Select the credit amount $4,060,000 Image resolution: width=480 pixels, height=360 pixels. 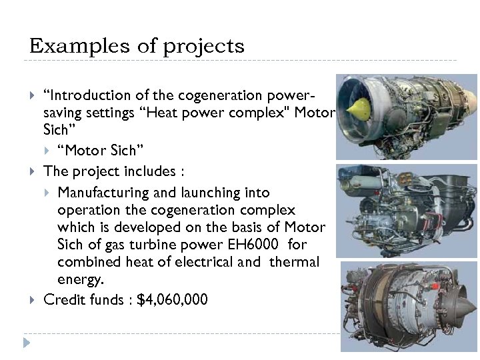click(172, 300)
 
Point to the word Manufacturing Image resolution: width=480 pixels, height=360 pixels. click(101, 193)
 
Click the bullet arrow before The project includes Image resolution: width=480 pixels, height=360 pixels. click(33, 171)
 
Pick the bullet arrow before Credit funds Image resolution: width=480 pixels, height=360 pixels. click(33, 300)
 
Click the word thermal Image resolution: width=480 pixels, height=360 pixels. click(294, 262)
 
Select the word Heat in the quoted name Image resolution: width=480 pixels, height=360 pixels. click(161, 113)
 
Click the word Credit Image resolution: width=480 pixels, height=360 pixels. click(64, 300)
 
